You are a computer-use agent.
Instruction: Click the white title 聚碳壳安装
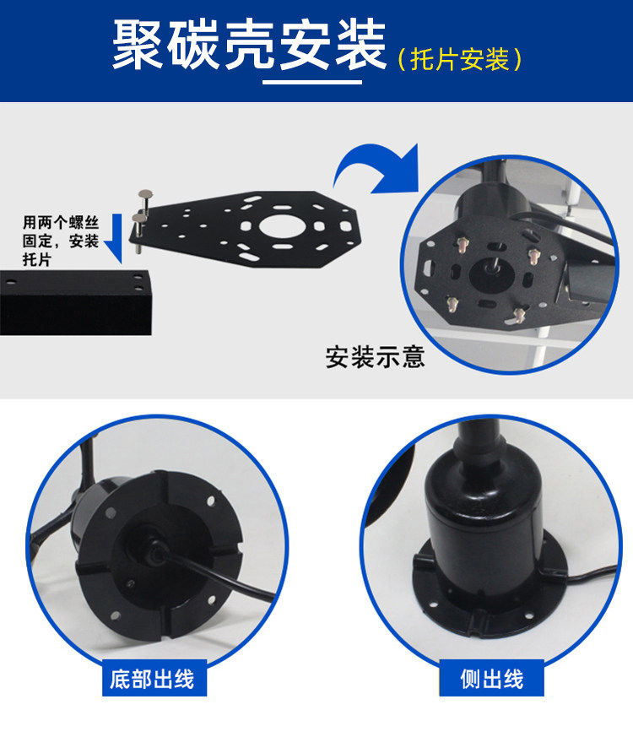[249, 45]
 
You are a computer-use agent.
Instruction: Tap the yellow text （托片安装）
[460, 60]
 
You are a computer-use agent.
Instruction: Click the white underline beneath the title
[312, 82]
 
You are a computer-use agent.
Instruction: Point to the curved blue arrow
[376, 168]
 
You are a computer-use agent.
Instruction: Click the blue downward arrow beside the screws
[114, 238]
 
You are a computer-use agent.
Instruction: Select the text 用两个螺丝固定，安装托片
[61, 241]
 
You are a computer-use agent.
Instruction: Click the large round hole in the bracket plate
[282, 226]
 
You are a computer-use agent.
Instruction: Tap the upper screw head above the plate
[145, 193]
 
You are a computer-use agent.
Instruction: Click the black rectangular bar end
[75, 302]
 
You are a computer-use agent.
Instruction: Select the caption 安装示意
[375, 357]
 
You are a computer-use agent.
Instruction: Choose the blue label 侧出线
[491, 680]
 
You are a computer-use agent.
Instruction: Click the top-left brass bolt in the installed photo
[463, 245]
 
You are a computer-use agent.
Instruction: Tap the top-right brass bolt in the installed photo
[534, 256]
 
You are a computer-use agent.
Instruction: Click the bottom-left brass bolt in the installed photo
[452, 305]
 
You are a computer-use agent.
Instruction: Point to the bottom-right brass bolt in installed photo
[518, 316]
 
